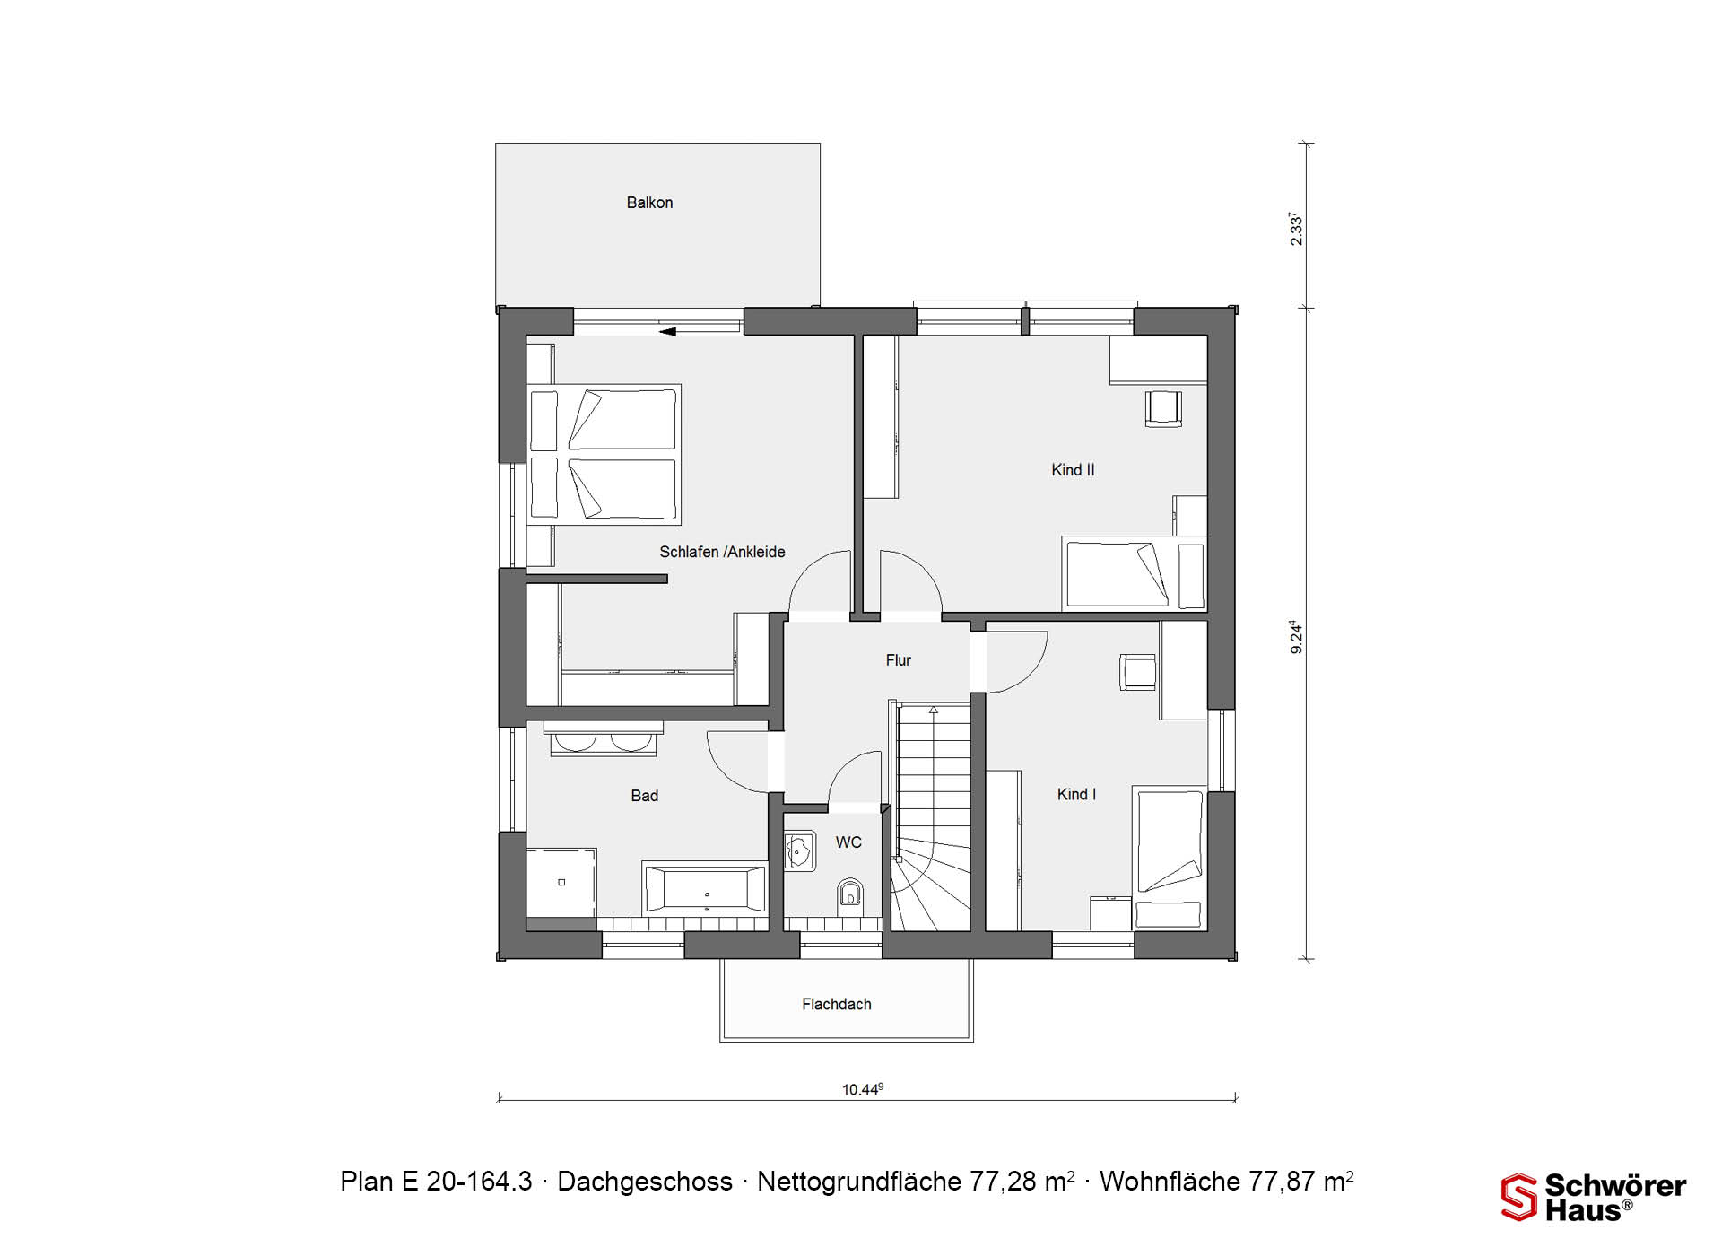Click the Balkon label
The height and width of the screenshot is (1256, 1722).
649,203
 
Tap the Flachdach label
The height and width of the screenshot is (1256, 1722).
836,1004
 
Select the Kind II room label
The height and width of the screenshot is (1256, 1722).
1073,470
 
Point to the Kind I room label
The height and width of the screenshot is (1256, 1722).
1076,794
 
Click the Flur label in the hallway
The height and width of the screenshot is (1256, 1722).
898,660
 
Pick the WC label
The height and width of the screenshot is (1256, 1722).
848,842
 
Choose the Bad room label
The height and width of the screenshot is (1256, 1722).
644,796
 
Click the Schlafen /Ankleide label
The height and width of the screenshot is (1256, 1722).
722,552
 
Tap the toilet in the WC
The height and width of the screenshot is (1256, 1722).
849,894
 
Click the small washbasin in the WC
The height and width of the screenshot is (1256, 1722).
800,850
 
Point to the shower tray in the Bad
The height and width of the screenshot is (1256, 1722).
561,883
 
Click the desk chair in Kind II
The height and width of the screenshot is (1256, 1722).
1163,408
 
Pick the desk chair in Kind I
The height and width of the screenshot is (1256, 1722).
1137,672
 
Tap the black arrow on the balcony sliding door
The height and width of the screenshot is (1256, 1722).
667,332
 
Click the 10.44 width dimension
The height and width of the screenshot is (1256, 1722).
862,1090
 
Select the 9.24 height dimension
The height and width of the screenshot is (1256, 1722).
1296,636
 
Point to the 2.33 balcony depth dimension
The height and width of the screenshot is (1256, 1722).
1296,229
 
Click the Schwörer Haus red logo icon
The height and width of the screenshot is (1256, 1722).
1518,1197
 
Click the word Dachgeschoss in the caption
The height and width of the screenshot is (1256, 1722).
645,1182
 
